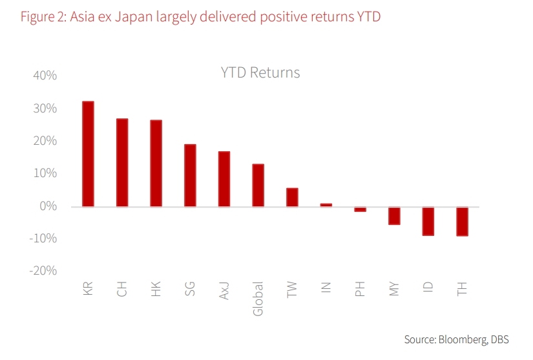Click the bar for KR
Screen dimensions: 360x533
88,154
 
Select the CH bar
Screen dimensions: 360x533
122,163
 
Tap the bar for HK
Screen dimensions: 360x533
156,164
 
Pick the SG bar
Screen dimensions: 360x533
190,175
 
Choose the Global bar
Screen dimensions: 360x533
258,185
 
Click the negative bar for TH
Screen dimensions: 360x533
462,221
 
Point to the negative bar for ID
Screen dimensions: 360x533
428,221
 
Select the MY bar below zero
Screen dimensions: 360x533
394,216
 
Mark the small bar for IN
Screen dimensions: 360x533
326,205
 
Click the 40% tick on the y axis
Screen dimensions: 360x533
45,76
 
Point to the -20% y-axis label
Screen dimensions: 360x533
43,271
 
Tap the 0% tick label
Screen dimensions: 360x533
48,206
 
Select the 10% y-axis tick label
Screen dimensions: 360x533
45,174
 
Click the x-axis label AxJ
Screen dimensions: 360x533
224,289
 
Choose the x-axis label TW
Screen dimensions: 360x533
292,289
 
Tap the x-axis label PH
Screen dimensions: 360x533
360,289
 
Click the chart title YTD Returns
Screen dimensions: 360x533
260,72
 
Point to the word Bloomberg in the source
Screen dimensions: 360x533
463,339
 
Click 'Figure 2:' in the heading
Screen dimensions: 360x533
43,17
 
